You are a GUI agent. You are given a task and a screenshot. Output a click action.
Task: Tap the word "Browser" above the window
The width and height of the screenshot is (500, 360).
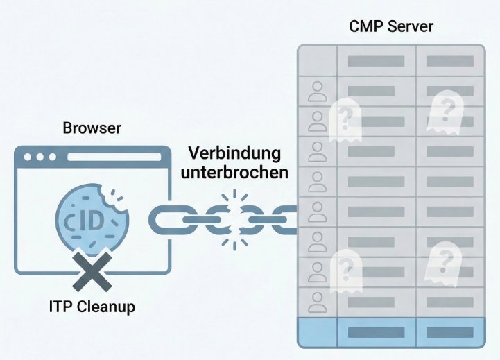(92, 128)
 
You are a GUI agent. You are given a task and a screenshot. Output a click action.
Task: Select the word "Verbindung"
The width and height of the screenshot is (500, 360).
(234, 153)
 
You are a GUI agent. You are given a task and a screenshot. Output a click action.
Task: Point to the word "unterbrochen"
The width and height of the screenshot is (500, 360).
(234, 172)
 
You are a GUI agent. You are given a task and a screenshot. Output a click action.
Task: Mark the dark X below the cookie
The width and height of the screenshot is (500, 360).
(92, 271)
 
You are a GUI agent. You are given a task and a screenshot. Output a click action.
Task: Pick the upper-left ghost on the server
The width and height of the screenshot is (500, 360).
(345, 119)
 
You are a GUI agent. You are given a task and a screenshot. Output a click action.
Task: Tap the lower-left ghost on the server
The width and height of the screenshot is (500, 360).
(345, 268)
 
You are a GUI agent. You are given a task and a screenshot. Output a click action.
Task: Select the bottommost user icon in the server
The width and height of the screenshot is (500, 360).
(317, 300)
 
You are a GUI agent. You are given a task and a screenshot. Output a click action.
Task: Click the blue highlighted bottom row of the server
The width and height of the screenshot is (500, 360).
(390, 332)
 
